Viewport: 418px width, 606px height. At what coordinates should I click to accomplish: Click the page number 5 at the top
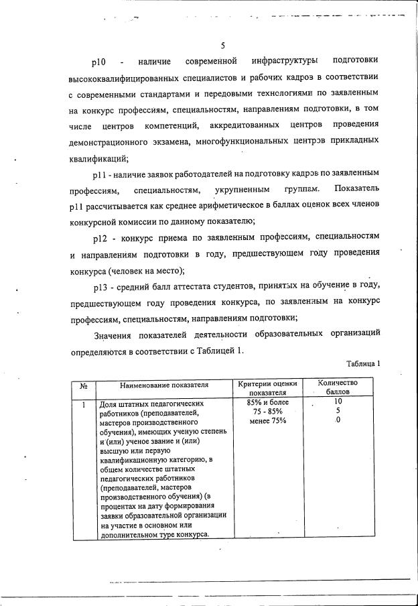pos(222,46)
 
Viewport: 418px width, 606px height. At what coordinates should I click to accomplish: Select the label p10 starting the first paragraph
pos(100,62)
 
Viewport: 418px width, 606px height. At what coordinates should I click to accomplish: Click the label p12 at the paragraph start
pos(100,237)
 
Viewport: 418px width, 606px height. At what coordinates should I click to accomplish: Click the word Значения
pos(115,333)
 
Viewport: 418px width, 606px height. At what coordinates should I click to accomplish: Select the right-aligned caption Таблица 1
pos(362,364)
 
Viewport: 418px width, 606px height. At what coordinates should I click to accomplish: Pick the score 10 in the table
pos(338,402)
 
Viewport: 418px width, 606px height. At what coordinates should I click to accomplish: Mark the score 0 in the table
pos(338,420)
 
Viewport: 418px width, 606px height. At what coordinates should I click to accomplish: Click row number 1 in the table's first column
pos(84,404)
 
